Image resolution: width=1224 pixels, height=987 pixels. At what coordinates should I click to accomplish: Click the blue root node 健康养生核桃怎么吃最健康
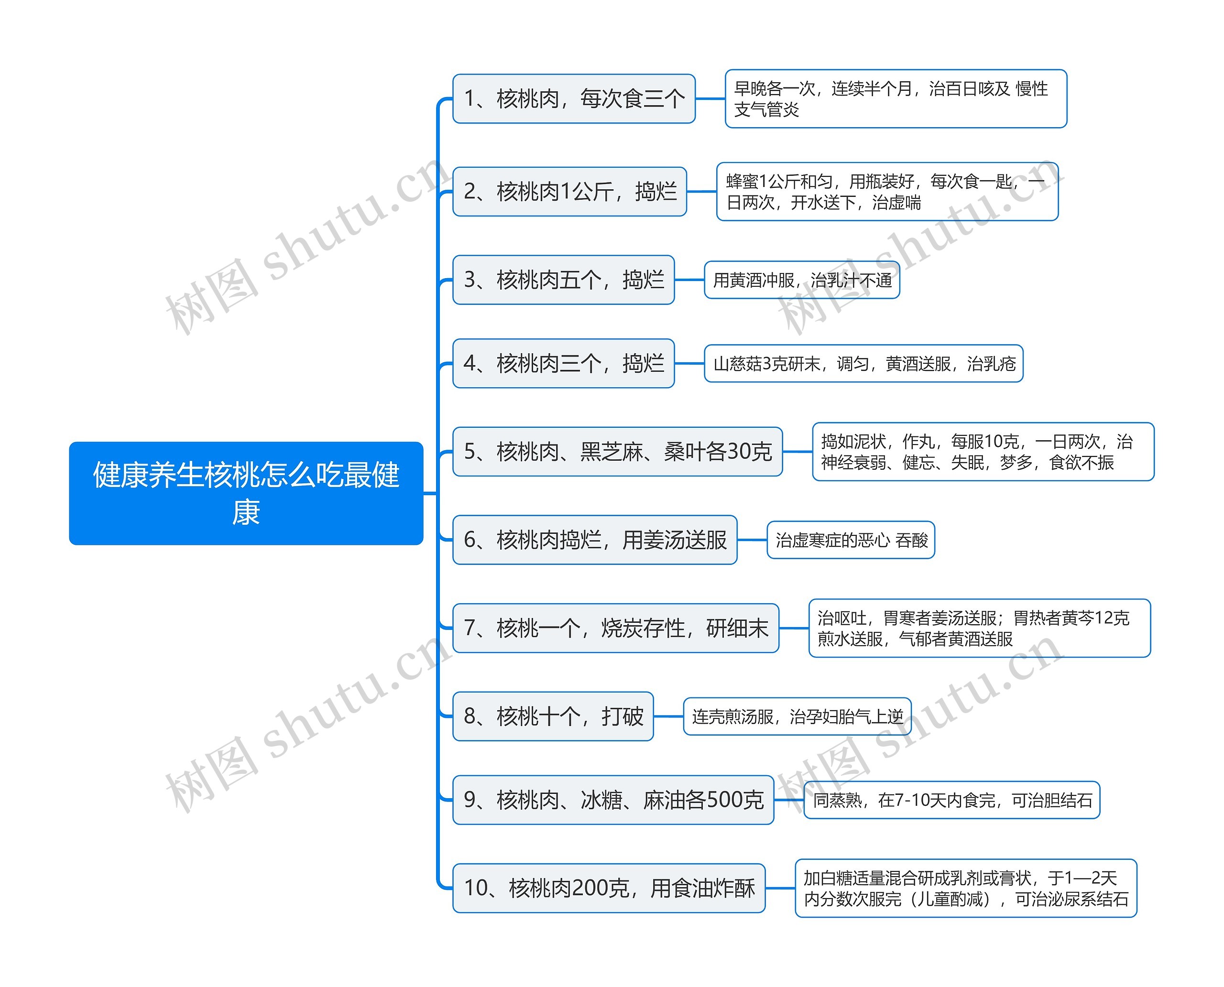[x=246, y=493]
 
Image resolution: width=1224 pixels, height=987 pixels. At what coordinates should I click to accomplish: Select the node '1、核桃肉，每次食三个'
[x=573, y=98]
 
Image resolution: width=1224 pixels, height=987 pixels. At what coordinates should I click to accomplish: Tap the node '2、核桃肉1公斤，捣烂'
[x=569, y=192]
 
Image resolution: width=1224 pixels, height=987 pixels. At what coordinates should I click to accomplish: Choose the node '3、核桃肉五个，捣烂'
[x=563, y=280]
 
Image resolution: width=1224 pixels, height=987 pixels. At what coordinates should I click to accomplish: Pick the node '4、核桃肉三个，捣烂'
[x=563, y=363]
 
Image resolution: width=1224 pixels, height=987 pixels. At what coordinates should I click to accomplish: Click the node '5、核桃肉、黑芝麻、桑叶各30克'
[x=617, y=451]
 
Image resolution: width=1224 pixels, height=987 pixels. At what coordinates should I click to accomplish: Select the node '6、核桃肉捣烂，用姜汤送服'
[x=594, y=540]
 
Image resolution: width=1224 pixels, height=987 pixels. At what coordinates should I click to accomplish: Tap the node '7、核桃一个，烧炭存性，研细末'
[x=615, y=628]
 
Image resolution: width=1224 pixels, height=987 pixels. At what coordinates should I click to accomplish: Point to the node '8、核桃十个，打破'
[x=553, y=716]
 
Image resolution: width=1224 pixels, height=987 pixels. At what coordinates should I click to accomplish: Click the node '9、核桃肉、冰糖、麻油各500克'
[x=613, y=800]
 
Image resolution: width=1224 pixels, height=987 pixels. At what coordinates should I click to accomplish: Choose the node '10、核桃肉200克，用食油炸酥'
[x=609, y=888]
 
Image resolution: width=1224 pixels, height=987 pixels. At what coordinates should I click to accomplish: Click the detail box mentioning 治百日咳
[x=895, y=99]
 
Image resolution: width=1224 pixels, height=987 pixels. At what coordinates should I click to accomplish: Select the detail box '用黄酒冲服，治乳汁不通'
[x=801, y=280]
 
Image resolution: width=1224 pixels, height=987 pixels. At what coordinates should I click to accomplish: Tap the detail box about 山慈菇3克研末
[x=863, y=363]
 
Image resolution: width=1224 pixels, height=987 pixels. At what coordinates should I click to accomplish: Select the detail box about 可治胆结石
[x=951, y=800]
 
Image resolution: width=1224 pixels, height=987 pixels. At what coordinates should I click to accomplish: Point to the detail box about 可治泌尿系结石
[x=965, y=888]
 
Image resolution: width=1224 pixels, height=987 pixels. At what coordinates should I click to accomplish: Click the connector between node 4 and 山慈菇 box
[x=689, y=363]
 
